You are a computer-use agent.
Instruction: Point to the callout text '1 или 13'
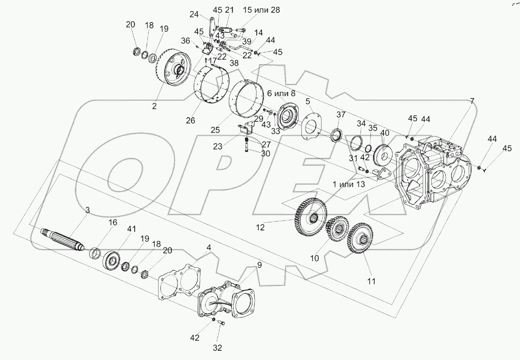click(348, 184)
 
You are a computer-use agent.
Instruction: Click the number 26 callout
click(191, 121)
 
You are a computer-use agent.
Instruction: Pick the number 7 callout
click(472, 101)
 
